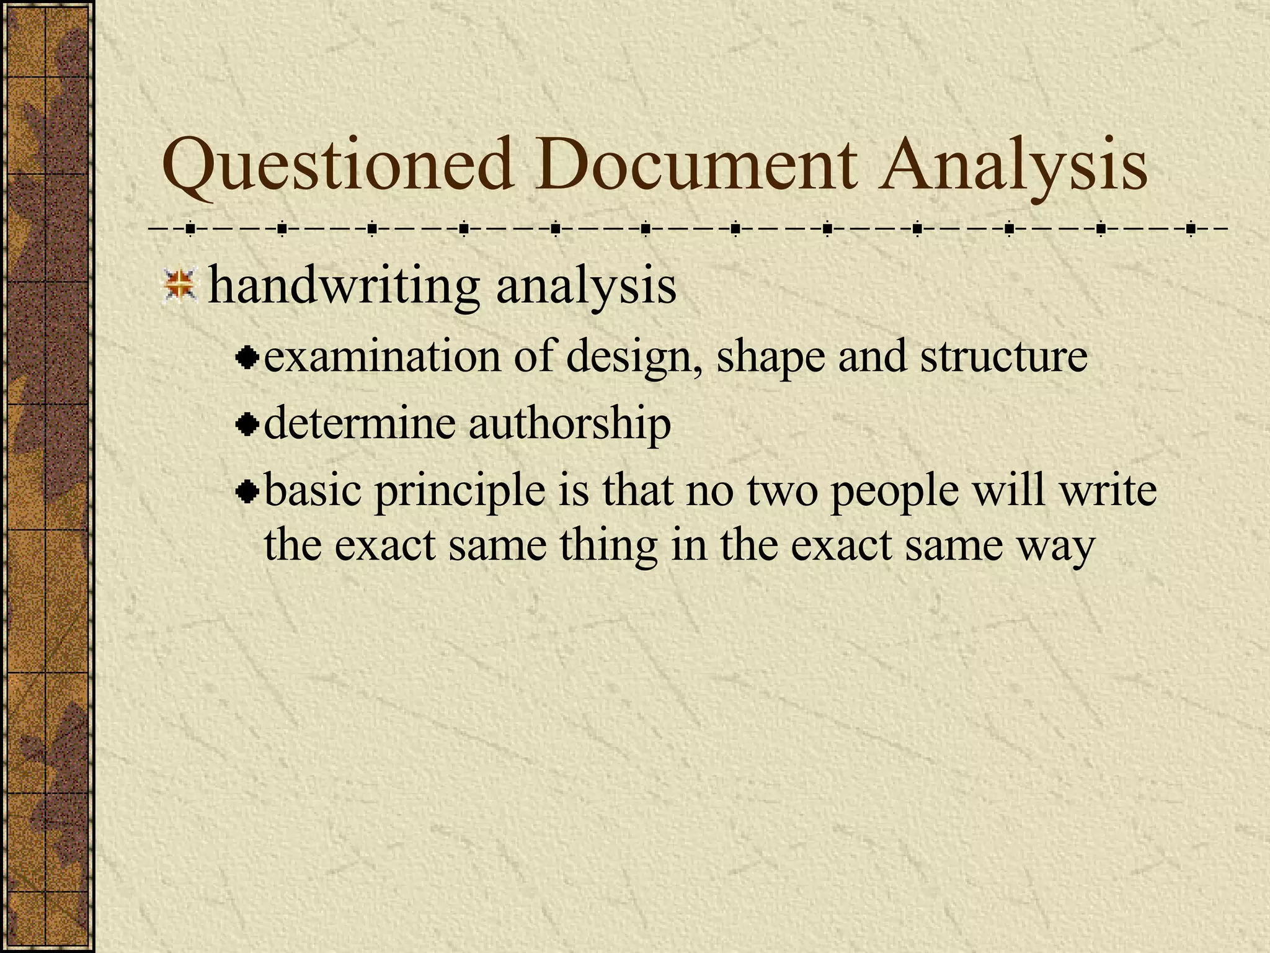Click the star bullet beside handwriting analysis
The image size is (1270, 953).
pyautogui.click(x=180, y=286)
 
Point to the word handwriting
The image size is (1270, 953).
pyautogui.click(x=344, y=286)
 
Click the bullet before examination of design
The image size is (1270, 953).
pyautogui.click(x=247, y=358)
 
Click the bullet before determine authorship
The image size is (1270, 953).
pyautogui.click(x=247, y=425)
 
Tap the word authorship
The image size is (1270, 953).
pyautogui.click(x=569, y=426)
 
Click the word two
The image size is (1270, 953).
pyautogui.click(x=782, y=491)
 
